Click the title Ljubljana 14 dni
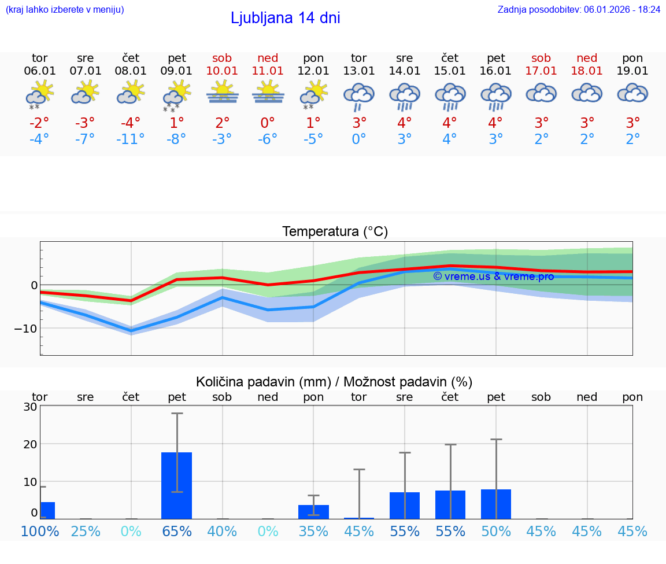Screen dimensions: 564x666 [x=285, y=18]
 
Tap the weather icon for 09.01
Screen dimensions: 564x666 [x=176, y=95]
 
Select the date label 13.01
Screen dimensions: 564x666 [x=358, y=71]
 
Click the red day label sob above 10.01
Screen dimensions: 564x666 [x=222, y=58]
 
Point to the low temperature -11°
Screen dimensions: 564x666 [x=131, y=139]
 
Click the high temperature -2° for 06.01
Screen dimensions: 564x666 [x=39, y=123]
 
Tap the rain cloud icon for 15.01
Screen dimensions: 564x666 [x=450, y=96]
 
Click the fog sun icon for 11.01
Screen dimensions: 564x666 [x=268, y=93]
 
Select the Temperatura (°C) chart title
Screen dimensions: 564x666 [x=335, y=231]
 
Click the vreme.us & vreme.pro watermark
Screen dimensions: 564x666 [x=493, y=277]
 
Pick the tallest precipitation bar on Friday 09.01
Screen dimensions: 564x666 [x=176, y=485]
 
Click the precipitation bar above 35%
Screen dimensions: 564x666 [x=313, y=511]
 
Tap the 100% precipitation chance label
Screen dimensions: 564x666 [x=39, y=531]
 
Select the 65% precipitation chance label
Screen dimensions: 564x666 [x=176, y=531]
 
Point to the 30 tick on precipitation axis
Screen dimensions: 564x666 [x=30, y=406]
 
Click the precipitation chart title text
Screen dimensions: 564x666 [x=334, y=382]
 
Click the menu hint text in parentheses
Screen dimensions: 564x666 [x=65, y=9]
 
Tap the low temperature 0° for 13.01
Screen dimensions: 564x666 [x=358, y=139]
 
